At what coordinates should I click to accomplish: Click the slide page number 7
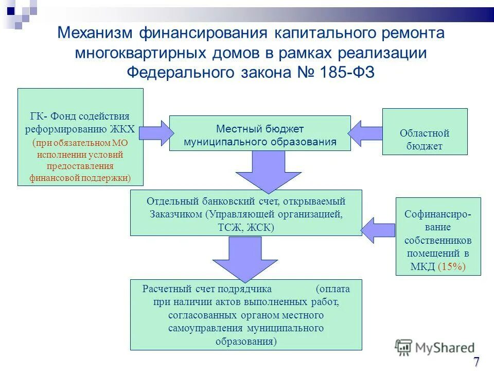coord(477,361)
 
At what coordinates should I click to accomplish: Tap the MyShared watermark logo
coord(435,348)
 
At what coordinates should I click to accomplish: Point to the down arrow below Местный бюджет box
coord(261,170)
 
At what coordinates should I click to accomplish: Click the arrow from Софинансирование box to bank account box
coord(378,229)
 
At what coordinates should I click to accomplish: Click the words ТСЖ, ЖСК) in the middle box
coord(246,227)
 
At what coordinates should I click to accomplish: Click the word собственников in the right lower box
coord(438,241)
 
